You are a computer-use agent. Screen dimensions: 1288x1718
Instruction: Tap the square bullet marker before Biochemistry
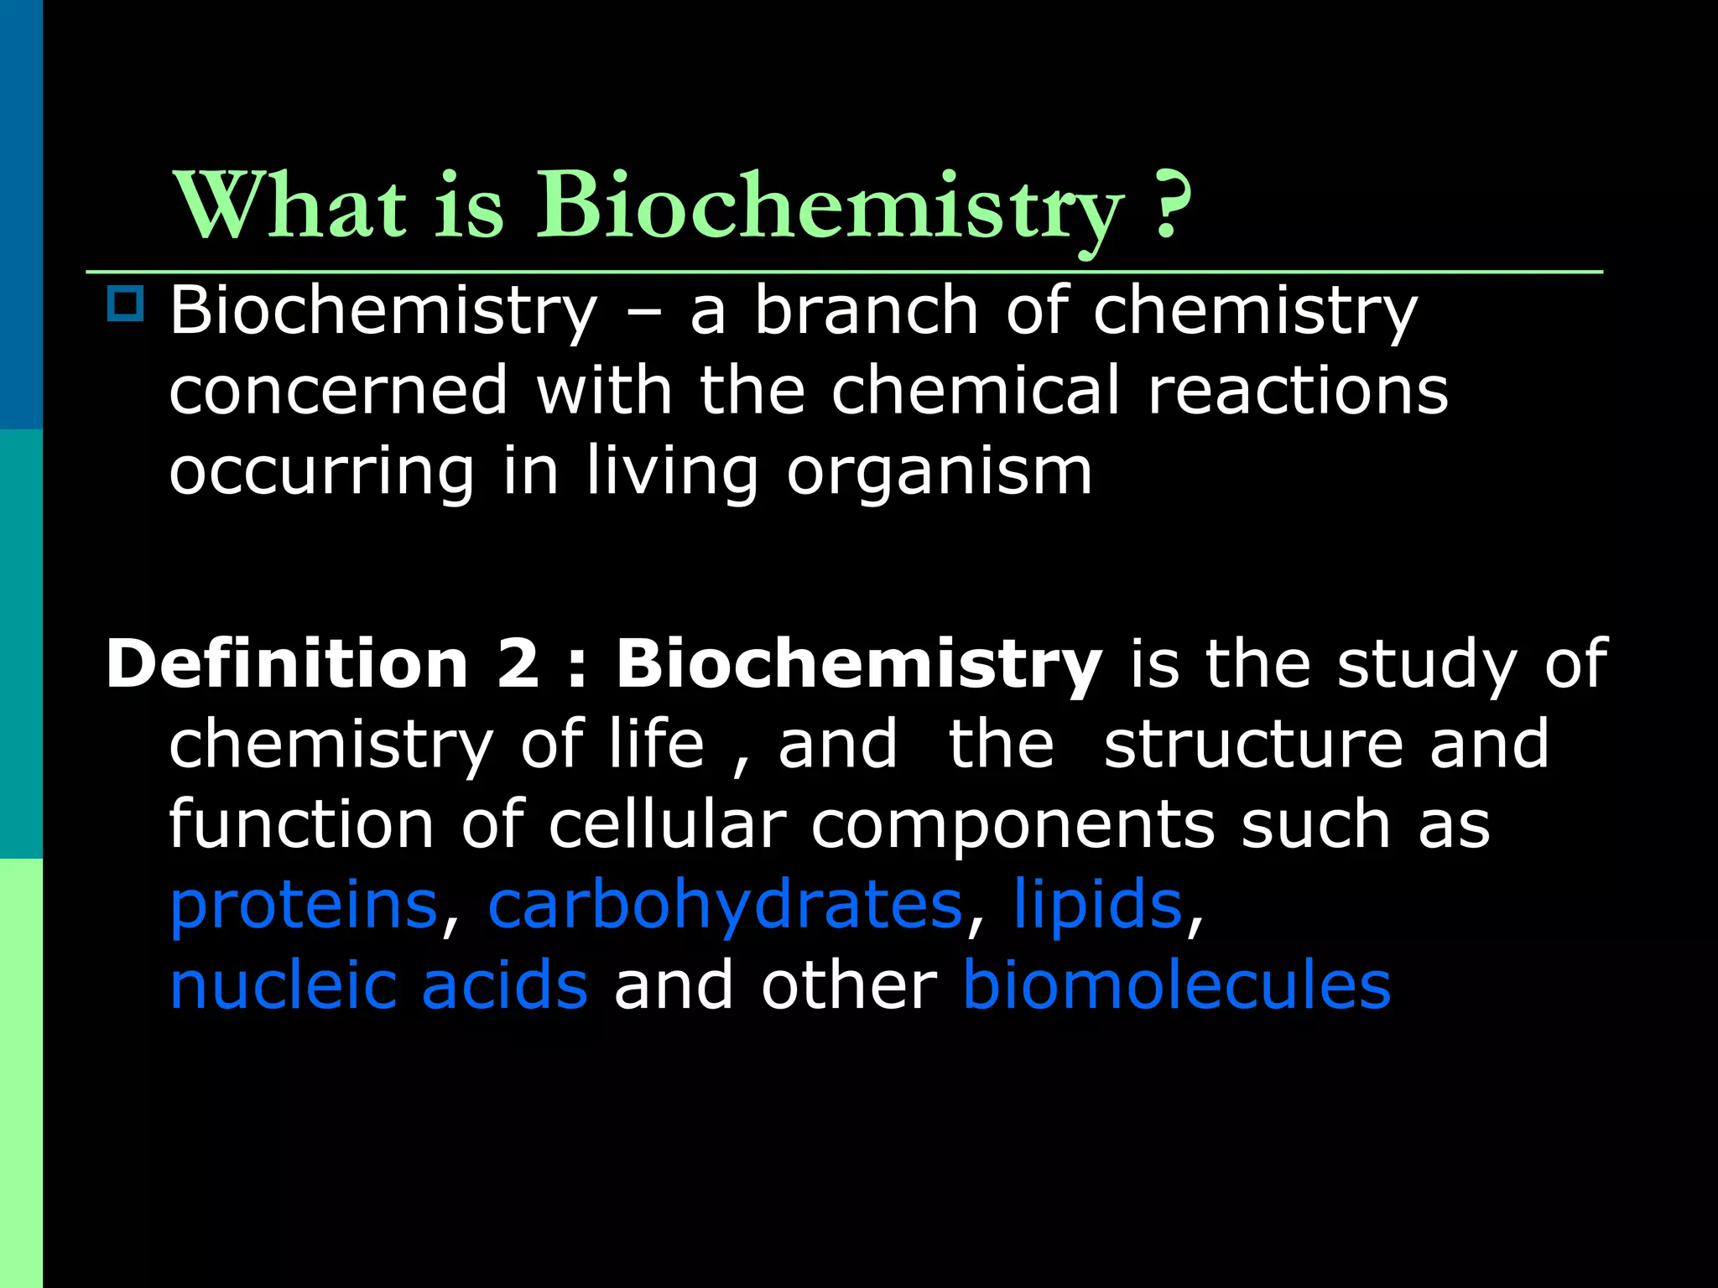126,304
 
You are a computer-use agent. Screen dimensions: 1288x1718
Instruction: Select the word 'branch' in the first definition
866,310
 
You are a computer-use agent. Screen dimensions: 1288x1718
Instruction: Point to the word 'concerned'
338,390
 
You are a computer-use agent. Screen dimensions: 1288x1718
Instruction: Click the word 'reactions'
1297,390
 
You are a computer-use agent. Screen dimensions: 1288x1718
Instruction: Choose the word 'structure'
1253,744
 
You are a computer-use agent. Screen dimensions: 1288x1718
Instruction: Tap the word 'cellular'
667,824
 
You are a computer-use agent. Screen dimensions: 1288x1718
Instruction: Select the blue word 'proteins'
304,906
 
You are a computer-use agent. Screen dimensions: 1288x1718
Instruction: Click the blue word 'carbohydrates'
725,905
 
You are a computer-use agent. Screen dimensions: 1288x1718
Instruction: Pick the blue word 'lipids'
1097,905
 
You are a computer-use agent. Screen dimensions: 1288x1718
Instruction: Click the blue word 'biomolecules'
1176,985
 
